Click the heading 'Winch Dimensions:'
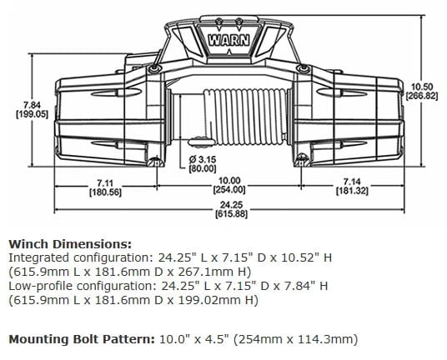[x=69, y=245]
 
